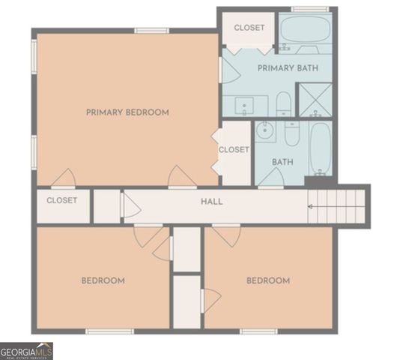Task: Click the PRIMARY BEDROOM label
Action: tap(127, 112)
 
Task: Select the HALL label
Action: tap(211, 202)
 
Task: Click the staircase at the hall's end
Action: tap(338, 205)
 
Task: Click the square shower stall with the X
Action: tap(315, 99)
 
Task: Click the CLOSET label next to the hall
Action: tap(62, 201)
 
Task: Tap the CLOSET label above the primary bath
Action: tap(249, 28)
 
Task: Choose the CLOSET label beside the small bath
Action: tap(233, 150)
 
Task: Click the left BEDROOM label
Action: tap(103, 280)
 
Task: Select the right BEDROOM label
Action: tap(268, 280)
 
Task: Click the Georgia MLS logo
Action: tap(27, 351)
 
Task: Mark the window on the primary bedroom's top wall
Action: tap(151, 31)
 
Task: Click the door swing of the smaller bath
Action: tap(270, 178)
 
